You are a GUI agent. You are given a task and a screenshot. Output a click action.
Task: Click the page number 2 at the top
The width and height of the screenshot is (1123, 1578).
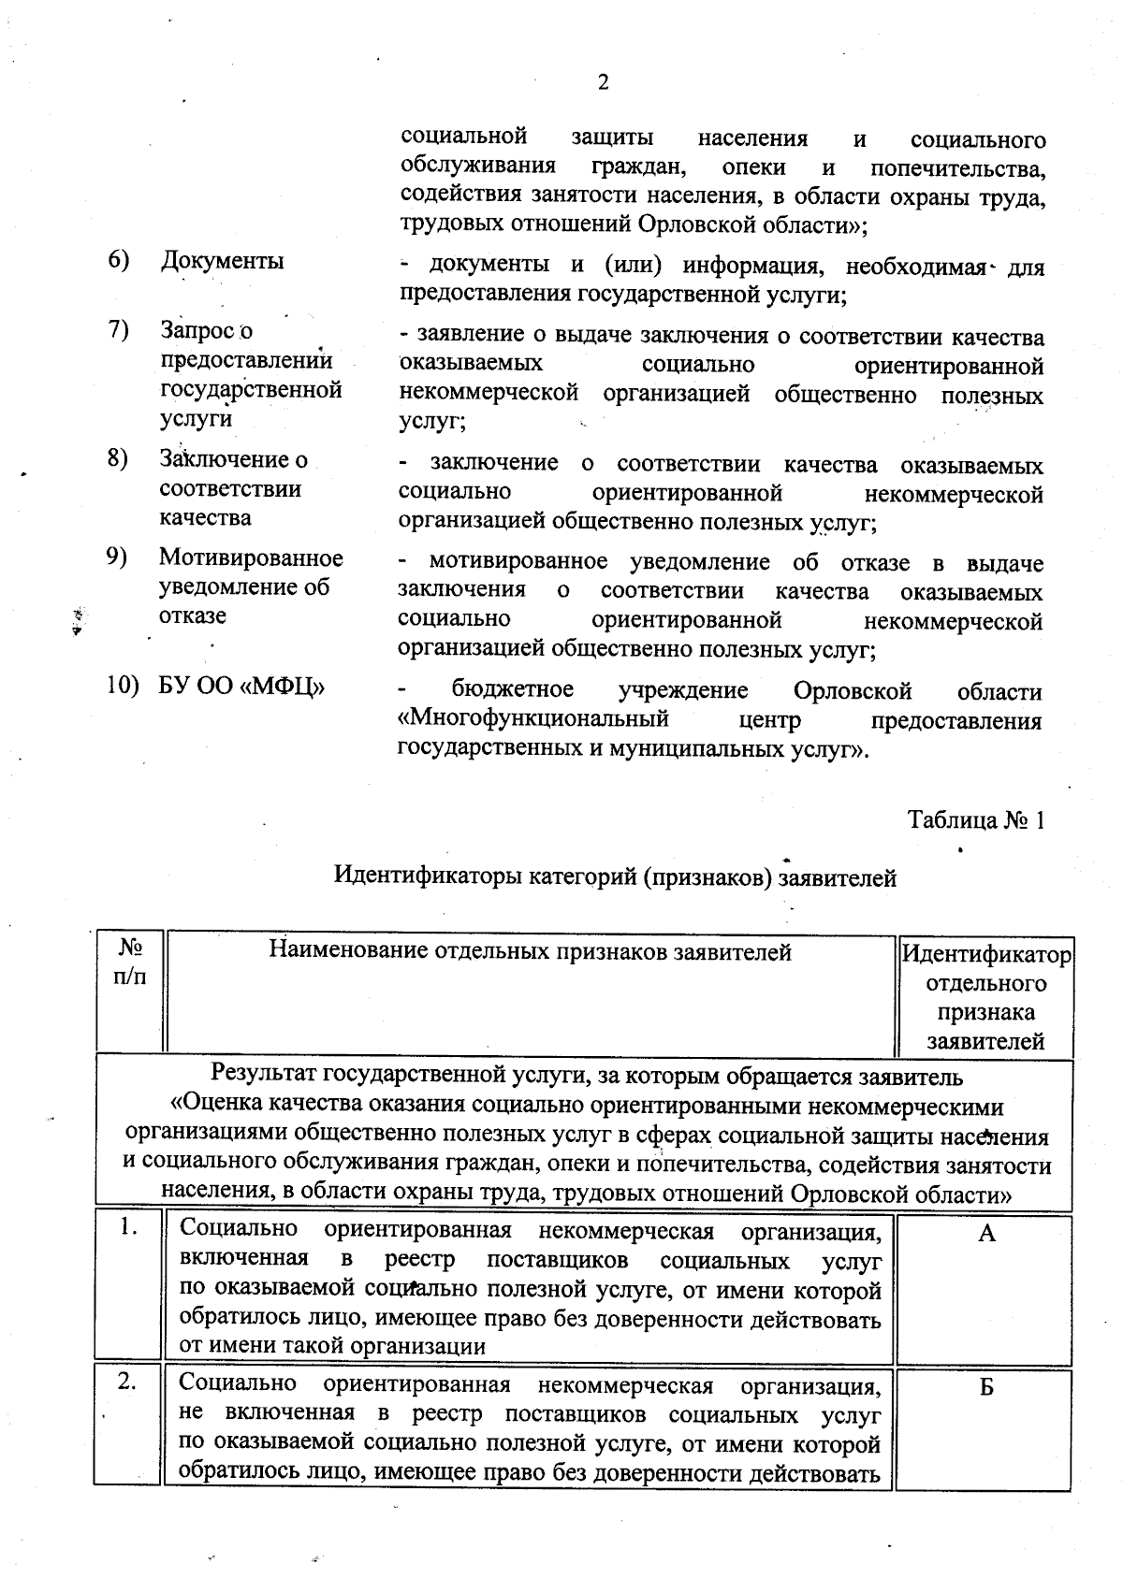603,83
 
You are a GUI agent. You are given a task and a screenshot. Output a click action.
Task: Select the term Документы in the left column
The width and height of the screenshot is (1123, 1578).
223,261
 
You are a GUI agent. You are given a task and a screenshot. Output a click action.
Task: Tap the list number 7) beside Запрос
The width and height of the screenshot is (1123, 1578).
118,329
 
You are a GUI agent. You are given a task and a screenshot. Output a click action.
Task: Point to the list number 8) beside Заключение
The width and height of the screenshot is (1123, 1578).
118,458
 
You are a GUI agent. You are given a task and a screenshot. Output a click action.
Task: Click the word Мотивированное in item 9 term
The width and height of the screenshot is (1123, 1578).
251,558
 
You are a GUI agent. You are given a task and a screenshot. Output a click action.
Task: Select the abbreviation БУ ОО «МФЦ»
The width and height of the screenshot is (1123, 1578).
242,688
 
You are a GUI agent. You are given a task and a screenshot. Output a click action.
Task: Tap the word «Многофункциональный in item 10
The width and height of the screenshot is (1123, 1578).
533,720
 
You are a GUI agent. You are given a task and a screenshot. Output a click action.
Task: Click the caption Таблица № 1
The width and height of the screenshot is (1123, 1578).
975,820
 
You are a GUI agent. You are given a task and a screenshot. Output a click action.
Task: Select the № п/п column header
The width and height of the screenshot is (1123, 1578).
130,962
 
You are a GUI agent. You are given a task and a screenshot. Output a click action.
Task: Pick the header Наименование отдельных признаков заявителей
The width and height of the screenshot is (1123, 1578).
530,952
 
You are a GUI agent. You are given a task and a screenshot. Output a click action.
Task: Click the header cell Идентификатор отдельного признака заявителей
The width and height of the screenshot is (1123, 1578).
985,998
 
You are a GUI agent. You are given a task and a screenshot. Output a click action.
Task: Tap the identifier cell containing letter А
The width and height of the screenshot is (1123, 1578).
986,1234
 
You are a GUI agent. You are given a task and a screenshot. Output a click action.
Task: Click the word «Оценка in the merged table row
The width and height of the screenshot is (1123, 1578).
211,1107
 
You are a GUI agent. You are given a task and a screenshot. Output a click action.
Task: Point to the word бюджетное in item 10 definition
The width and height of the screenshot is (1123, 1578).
513,690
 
